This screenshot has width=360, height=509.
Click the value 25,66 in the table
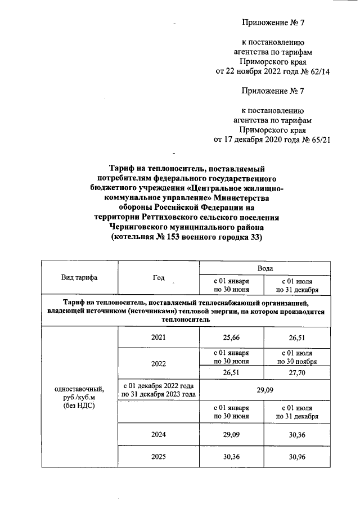[x=232, y=337]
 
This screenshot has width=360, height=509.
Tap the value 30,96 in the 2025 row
[x=298, y=457]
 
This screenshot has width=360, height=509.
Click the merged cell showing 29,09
[x=264, y=389]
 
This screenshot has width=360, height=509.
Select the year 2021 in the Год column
[x=159, y=337]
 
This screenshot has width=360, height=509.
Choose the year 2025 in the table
[x=159, y=457]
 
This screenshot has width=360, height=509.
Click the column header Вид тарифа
[x=79, y=278]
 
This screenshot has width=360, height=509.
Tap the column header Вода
[x=265, y=269]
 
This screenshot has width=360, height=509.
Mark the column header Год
[x=159, y=278]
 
